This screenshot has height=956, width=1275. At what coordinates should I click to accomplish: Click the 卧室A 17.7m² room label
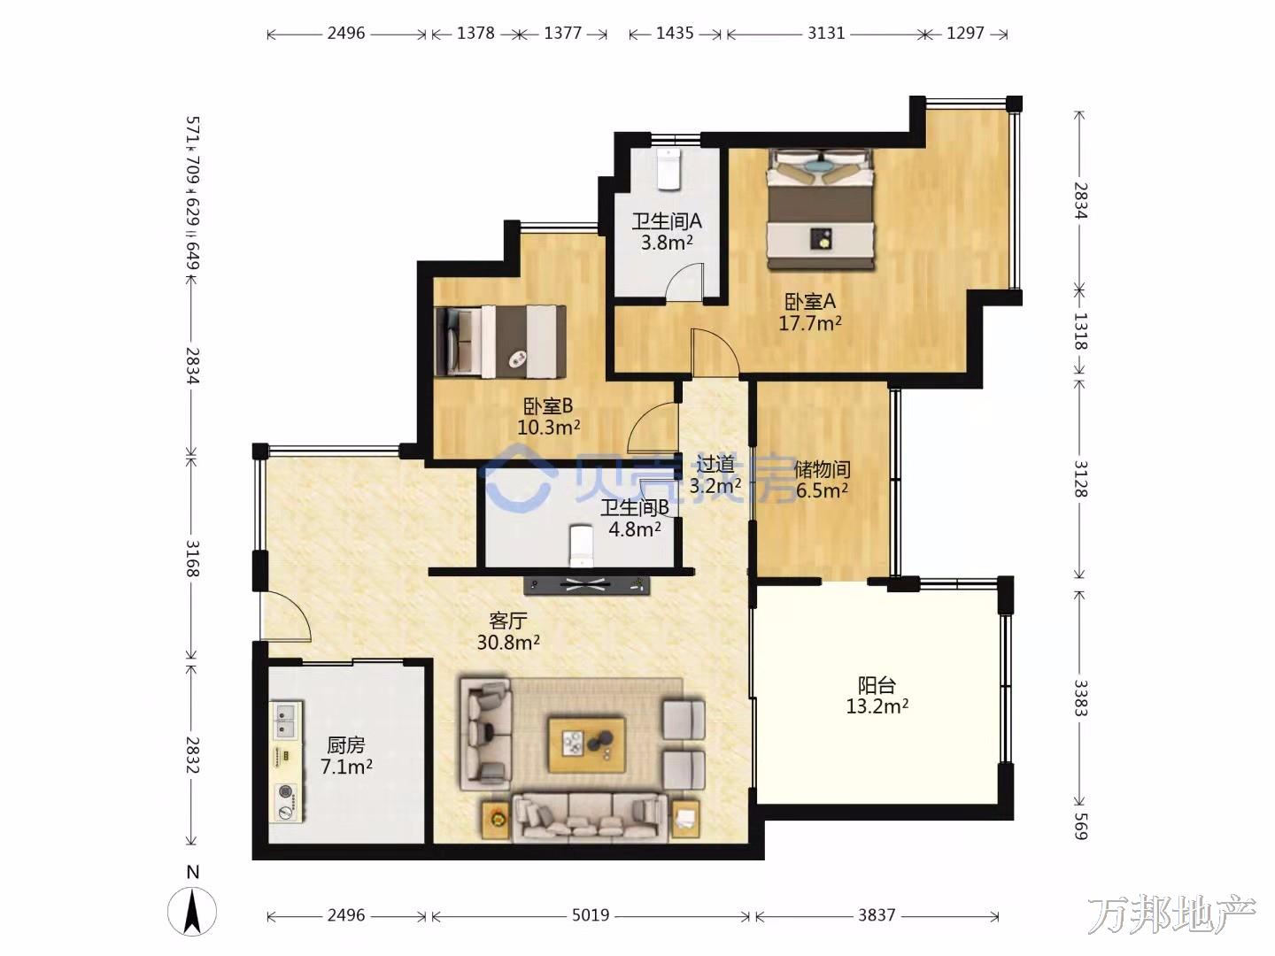810,312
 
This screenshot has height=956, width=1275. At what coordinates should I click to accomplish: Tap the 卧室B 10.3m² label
548,417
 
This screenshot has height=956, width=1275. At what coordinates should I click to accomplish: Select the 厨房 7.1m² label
346,756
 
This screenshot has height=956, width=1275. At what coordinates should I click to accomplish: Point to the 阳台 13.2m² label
877,696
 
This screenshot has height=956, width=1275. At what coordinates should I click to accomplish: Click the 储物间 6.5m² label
822,480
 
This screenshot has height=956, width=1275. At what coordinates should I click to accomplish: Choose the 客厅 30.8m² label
508,631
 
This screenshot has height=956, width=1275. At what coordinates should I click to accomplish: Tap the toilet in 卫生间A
669,169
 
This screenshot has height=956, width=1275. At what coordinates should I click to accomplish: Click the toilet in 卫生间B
581,545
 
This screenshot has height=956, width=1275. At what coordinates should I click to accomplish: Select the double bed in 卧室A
821,209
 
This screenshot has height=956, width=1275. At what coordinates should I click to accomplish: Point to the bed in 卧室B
501,342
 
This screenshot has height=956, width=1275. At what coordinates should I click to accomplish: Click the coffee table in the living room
587,744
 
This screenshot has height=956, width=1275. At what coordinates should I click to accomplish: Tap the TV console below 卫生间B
586,585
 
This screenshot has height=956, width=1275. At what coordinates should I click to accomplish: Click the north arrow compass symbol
192,910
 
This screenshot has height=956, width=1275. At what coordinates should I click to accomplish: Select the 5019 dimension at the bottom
591,915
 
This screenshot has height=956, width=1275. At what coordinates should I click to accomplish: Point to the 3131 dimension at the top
826,33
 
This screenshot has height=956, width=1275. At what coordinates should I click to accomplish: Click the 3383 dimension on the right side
1079,698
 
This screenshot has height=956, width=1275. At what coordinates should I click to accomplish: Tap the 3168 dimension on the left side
193,559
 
